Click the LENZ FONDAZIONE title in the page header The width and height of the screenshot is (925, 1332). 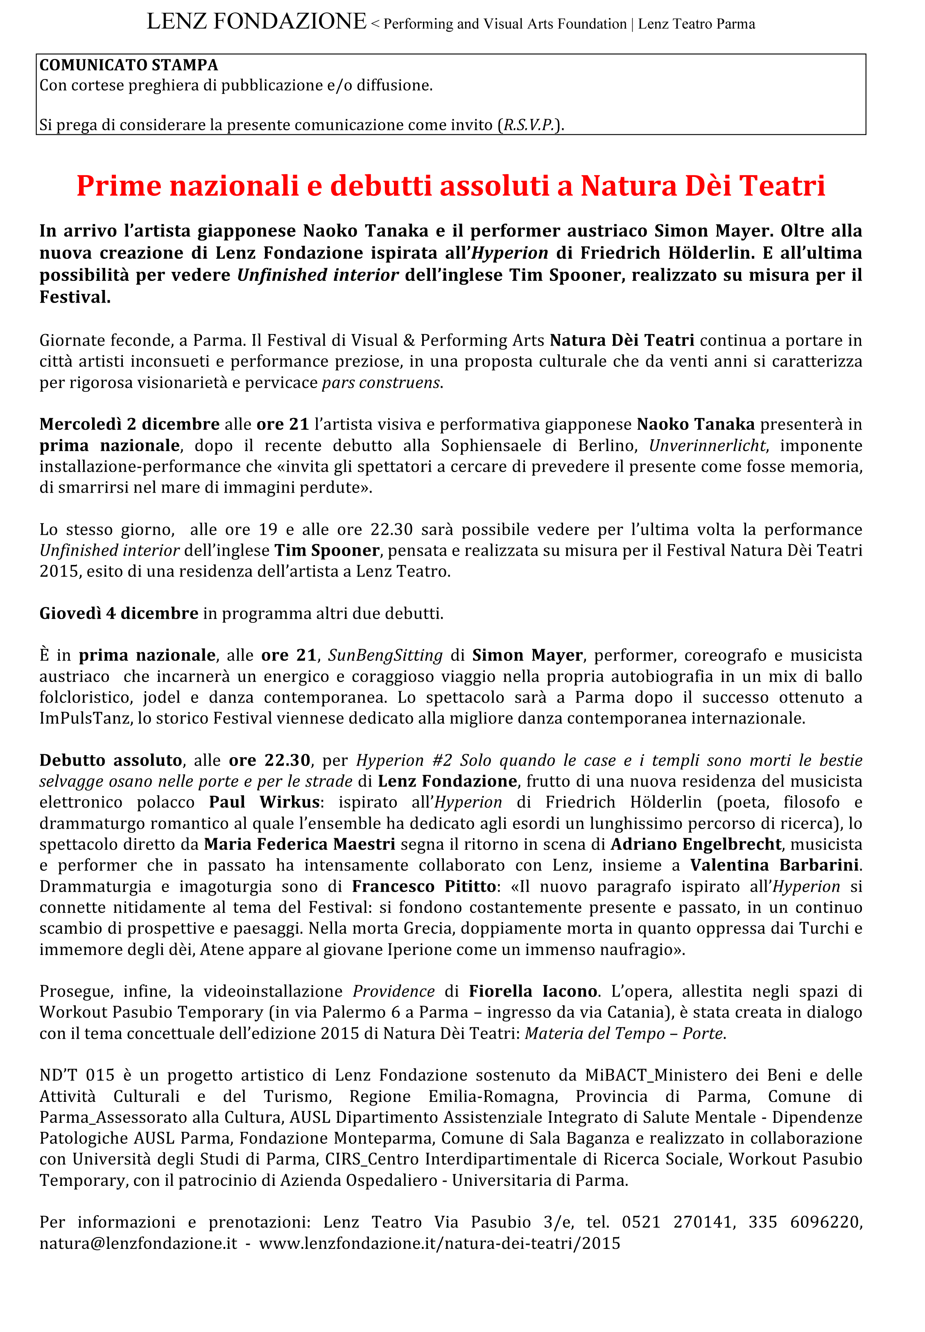(x=256, y=22)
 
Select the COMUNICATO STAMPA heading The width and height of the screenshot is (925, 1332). (x=129, y=65)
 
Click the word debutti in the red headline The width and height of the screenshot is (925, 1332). (x=380, y=185)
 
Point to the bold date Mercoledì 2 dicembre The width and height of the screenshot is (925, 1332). (x=129, y=424)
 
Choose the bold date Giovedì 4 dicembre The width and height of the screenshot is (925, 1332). (x=119, y=613)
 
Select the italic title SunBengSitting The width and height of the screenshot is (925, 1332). (x=385, y=655)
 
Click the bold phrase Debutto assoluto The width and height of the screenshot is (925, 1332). (x=111, y=760)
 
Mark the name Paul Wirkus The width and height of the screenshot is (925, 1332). (x=264, y=802)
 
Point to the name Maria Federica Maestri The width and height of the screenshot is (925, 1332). (x=300, y=844)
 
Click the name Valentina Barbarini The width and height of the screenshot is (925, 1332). (x=775, y=865)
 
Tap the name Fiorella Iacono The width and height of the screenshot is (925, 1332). (x=533, y=991)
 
